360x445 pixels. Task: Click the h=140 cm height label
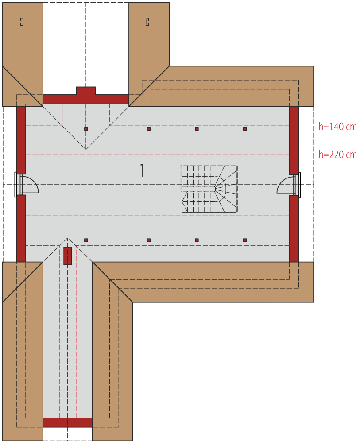click(337, 127)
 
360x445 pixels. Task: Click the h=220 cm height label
click(337, 155)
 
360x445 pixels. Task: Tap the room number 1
click(143, 170)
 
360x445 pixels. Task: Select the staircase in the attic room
click(209, 189)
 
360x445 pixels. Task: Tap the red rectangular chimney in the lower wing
click(68, 255)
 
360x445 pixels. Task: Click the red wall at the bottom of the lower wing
click(68, 422)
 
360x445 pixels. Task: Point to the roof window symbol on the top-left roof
click(22, 22)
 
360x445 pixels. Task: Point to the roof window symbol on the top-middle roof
click(147, 22)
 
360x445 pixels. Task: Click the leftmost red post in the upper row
click(86, 129)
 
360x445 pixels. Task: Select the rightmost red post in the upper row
click(245, 129)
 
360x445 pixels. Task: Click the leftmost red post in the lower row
click(86, 240)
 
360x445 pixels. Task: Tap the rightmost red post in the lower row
click(245, 240)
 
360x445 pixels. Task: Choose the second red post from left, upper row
click(148, 129)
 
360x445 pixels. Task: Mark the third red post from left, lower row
click(197, 240)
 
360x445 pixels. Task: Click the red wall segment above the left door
click(21, 140)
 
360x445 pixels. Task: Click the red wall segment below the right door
click(294, 228)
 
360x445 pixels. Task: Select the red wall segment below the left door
click(21, 228)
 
